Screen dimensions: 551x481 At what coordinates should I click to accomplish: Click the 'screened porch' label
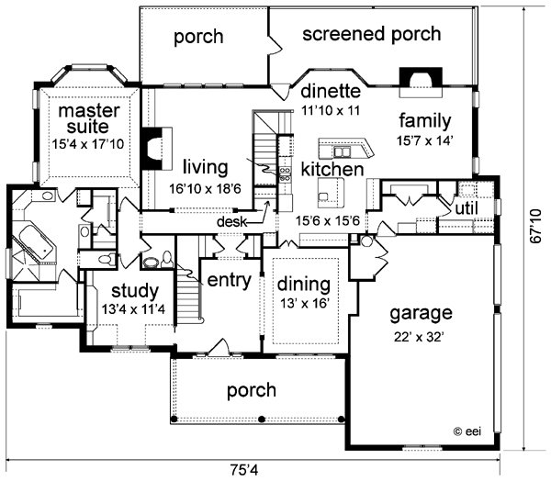click(371, 35)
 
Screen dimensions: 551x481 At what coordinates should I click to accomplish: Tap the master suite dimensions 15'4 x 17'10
click(88, 144)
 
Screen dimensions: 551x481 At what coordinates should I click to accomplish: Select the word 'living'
click(206, 169)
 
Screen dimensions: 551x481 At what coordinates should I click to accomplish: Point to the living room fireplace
click(156, 149)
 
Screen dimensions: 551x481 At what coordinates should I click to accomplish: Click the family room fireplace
click(421, 82)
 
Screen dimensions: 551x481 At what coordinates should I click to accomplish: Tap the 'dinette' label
click(331, 91)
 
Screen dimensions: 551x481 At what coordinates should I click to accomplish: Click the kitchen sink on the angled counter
click(342, 152)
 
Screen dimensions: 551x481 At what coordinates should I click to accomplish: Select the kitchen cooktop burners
click(285, 174)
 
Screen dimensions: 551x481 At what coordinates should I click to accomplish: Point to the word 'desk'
click(232, 222)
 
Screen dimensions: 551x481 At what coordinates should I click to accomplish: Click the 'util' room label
click(467, 208)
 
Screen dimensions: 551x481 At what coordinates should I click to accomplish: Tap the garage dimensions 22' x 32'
click(420, 337)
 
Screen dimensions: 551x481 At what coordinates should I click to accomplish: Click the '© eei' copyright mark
click(467, 431)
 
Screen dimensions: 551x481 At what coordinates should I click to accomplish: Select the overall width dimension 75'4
click(244, 470)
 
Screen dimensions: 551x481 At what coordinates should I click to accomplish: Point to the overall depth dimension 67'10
click(536, 226)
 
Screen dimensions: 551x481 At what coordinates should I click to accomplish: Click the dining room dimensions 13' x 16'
click(304, 303)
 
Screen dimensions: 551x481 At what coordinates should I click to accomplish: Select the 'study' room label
click(135, 292)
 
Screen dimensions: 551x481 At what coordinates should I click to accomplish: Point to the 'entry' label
click(229, 280)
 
